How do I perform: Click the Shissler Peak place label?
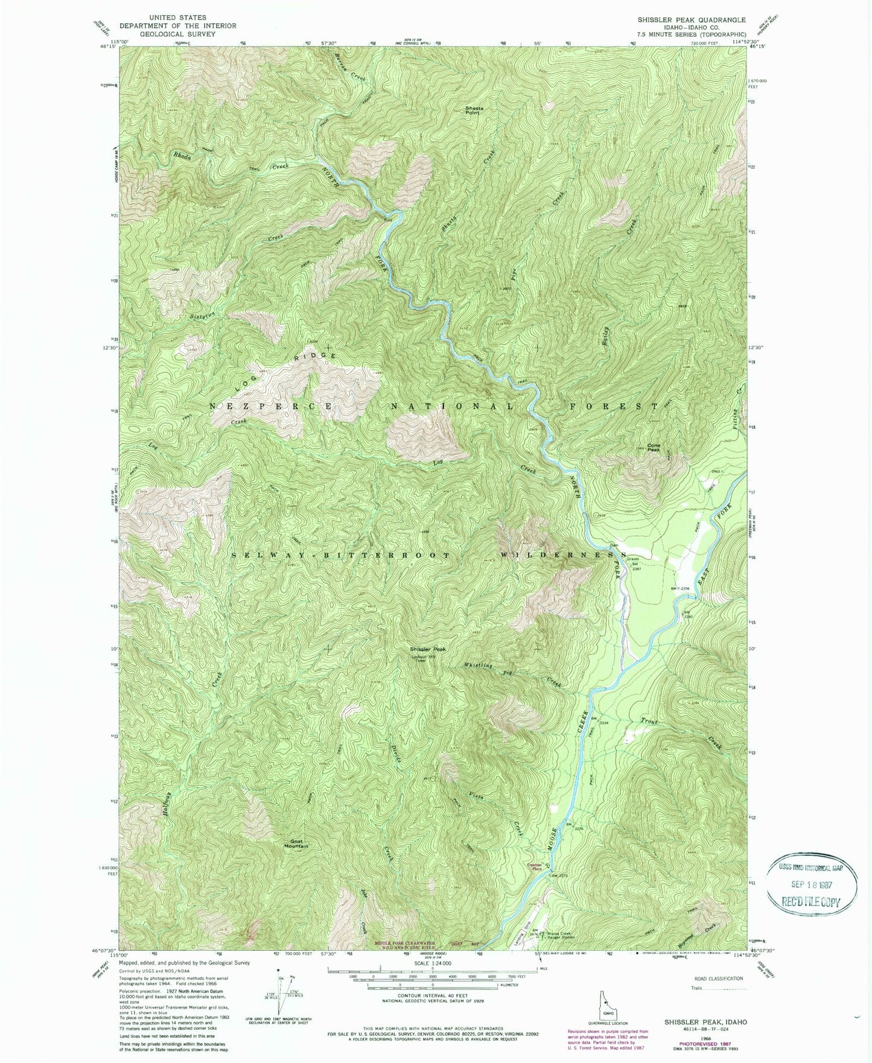(x=428, y=649)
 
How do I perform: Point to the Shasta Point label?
(x=474, y=110)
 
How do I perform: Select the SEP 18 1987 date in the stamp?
(x=812, y=885)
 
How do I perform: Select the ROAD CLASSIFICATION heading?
(x=714, y=978)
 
